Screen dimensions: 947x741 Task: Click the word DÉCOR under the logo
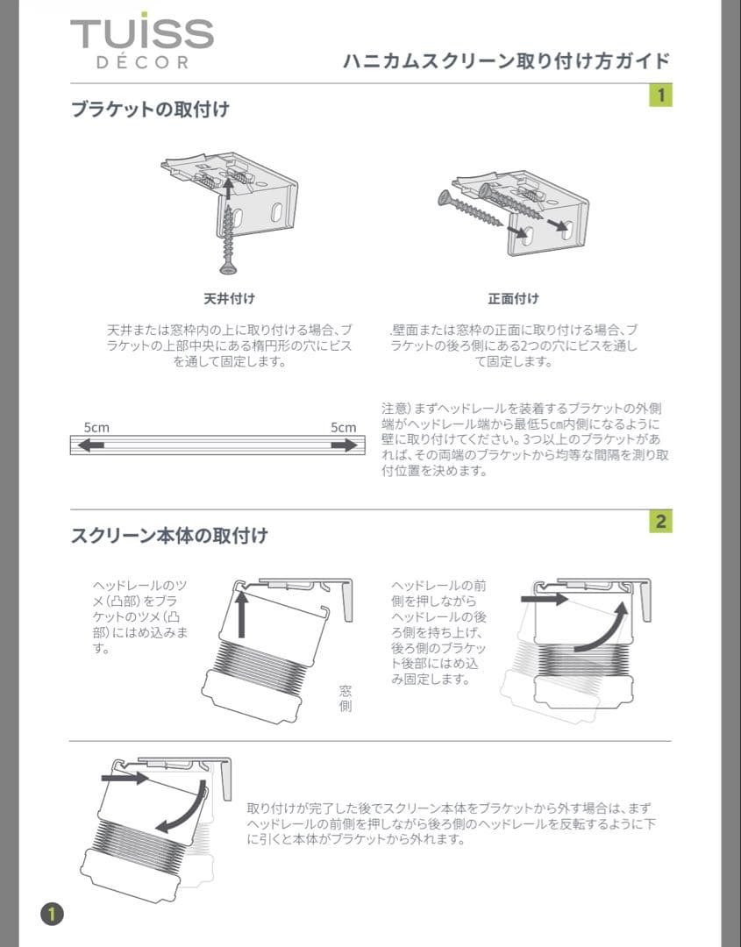tap(141, 63)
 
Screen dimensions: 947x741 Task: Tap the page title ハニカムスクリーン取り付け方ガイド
tap(506, 61)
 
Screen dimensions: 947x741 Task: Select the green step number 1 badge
tap(660, 94)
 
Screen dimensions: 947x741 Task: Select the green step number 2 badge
tap(660, 522)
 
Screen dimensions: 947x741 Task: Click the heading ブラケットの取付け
tap(150, 110)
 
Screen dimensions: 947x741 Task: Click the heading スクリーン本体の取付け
tap(169, 535)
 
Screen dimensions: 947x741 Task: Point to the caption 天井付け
tap(229, 299)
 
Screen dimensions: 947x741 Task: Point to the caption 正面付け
tap(513, 299)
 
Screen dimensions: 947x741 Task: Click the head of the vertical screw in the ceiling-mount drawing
tap(230, 267)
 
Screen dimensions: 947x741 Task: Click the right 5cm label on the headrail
tap(343, 427)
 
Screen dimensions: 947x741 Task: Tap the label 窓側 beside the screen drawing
tap(346, 698)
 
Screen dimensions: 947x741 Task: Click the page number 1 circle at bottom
tap(52, 913)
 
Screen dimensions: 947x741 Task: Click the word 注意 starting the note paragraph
tap(394, 409)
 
